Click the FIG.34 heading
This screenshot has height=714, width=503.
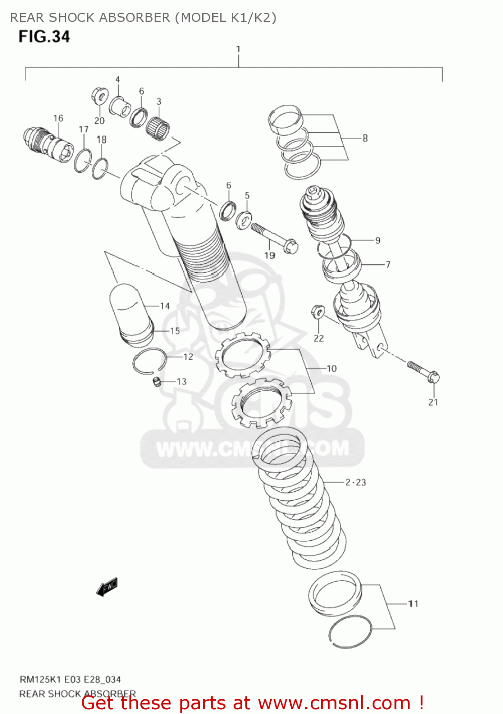(x=44, y=37)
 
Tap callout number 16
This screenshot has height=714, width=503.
(x=58, y=118)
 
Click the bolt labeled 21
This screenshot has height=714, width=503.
(x=424, y=372)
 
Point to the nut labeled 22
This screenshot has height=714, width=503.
(x=317, y=312)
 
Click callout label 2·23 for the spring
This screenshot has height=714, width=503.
(x=355, y=482)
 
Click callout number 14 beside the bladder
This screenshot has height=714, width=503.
(x=165, y=306)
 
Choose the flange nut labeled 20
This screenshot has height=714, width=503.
(x=99, y=97)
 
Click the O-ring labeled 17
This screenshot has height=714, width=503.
(x=83, y=160)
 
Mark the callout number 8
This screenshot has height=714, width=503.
(x=365, y=138)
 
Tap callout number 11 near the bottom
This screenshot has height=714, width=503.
(x=413, y=604)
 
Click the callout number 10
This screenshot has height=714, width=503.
(x=331, y=368)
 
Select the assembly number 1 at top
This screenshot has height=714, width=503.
(x=238, y=49)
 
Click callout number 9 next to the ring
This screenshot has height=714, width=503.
(x=377, y=240)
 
